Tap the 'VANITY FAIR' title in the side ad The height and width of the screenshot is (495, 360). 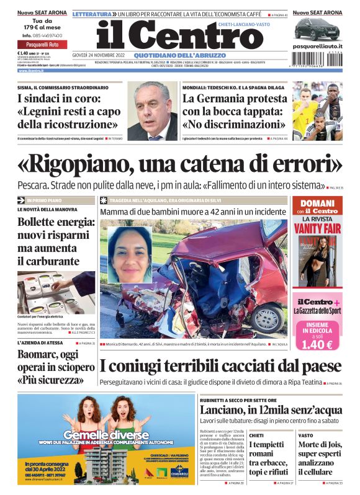[x=317, y=228]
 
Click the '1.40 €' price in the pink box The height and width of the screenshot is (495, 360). [x=317, y=343]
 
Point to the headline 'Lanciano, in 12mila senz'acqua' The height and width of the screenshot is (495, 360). [x=270, y=410]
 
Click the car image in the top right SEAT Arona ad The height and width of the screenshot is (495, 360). [x=317, y=29]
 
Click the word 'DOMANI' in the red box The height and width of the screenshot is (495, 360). [x=317, y=203]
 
